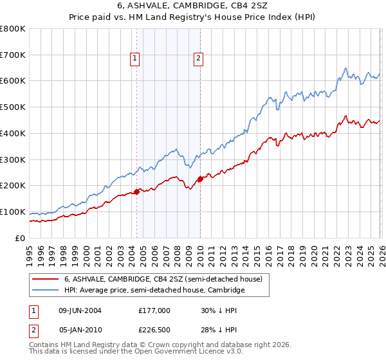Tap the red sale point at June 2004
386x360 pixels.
pos(136,192)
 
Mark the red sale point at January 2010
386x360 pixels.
pos(200,179)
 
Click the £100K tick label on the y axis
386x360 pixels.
pos(14,212)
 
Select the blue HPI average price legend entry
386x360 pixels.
pos(154,291)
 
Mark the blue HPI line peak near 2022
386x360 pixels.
pos(346,68)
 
